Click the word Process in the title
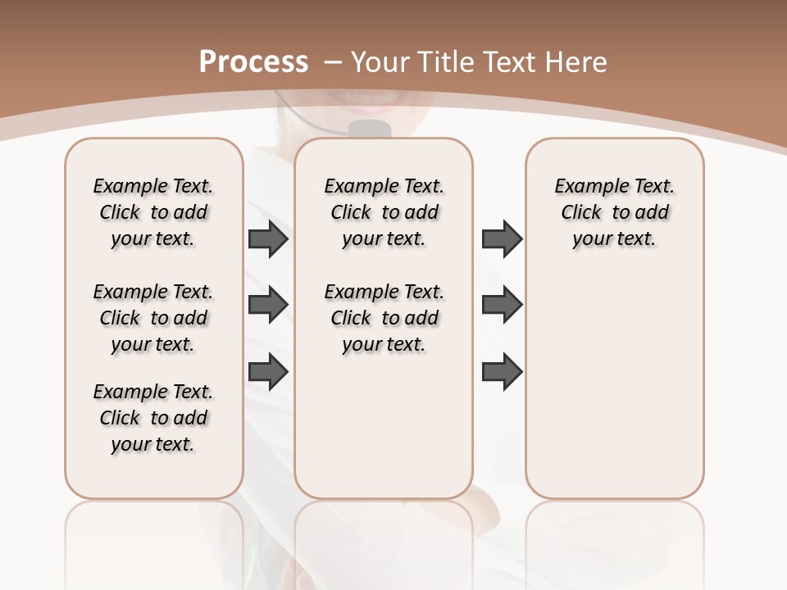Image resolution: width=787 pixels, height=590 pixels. pos(253,62)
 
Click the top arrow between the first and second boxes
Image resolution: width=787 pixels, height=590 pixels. pos(268,238)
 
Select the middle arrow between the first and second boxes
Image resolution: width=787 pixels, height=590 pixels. pos(268,306)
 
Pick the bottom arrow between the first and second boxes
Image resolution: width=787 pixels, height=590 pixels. pos(268,372)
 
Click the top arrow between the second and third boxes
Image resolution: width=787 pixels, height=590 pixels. pos(502,238)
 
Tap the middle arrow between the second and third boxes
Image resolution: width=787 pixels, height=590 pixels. pos(502,306)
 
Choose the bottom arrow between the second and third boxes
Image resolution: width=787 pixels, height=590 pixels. pos(502,372)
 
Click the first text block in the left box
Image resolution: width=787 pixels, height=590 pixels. pos(153,212)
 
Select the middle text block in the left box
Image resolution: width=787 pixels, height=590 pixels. pos(153,318)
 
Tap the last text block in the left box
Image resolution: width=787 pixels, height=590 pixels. pos(153,418)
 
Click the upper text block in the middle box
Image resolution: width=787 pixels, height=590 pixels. pos(384,212)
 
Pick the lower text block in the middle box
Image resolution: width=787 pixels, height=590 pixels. pos(384,318)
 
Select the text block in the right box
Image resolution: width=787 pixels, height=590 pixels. pos(614,212)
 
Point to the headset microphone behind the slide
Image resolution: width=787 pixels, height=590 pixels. pos(367,129)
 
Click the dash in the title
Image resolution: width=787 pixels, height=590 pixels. pos(333,62)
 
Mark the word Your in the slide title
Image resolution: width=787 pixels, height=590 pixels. pos(380,62)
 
